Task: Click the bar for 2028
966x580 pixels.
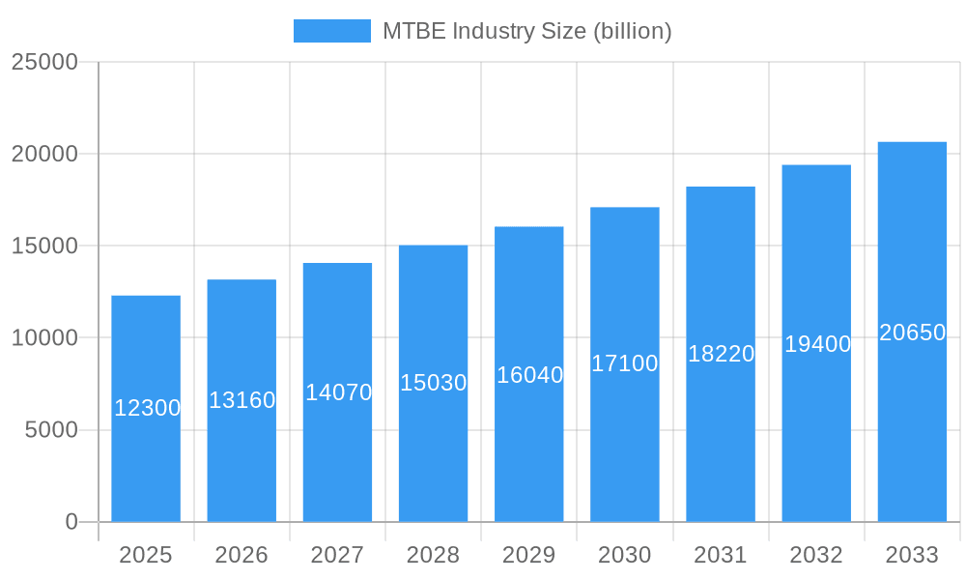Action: click(x=433, y=454)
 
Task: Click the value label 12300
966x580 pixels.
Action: click(x=147, y=408)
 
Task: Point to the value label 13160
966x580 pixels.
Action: click(x=242, y=400)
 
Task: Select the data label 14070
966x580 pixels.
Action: click(x=338, y=392)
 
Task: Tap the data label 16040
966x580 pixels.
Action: click(x=529, y=375)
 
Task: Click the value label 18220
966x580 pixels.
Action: click(x=721, y=354)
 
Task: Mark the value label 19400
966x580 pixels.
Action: click(x=817, y=344)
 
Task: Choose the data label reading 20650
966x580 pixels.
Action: click(x=912, y=333)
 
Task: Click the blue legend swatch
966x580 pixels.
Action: click(x=331, y=31)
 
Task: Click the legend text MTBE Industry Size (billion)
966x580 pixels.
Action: click(x=526, y=31)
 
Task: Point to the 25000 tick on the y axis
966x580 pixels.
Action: click(x=43, y=62)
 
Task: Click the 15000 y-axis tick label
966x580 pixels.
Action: click(x=43, y=246)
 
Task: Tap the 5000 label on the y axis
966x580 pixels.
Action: click(x=50, y=430)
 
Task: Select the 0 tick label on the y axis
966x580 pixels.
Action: click(x=71, y=522)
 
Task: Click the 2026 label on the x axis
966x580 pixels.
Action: click(x=241, y=555)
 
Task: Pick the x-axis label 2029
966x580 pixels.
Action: click(x=529, y=555)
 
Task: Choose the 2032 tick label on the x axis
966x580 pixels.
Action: click(x=816, y=555)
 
